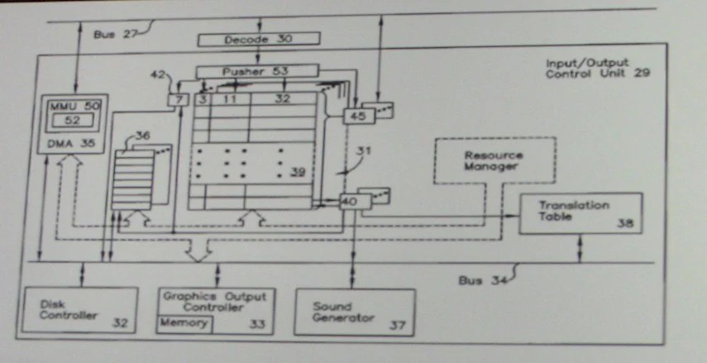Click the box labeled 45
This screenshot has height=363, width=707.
tap(358, 117)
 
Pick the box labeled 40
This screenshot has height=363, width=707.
tap(349, 199)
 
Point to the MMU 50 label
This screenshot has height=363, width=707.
tap(74, 107)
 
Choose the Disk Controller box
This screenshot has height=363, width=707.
tap(75, 309)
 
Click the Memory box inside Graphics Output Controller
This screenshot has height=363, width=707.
tap(184, 323)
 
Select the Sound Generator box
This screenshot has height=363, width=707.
tap(354, 312)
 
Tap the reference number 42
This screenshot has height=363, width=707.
tap(160, 74)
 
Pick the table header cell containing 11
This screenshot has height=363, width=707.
tap(230, 98)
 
